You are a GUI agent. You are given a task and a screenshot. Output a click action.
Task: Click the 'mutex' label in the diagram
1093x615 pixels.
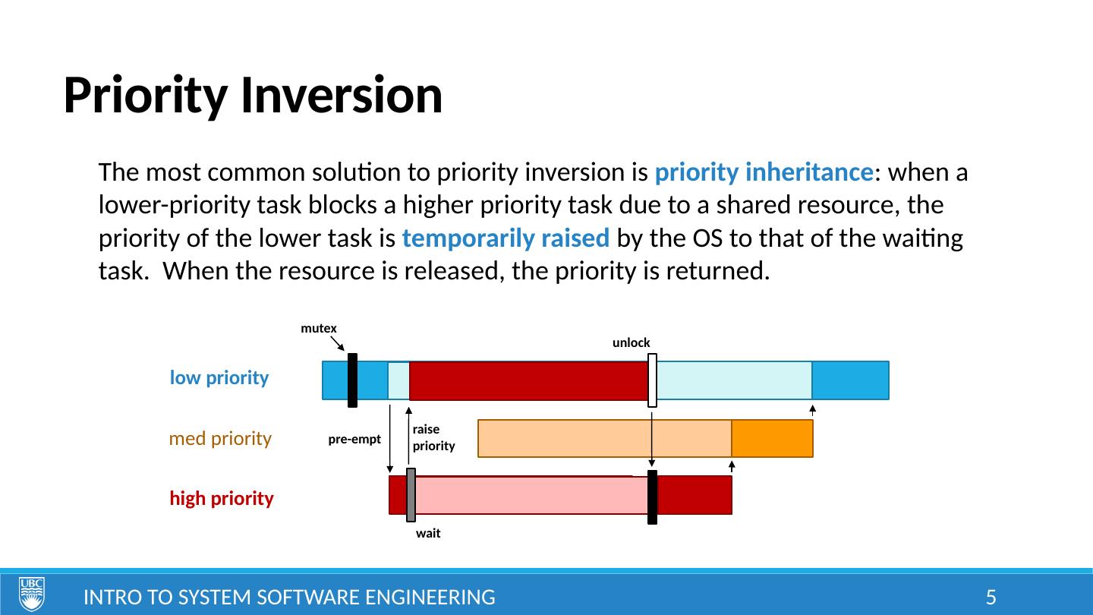pyautogui.click(x=319, y=329)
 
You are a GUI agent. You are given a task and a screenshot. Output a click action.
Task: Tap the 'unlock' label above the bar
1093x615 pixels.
pyautogui.click(x=631, y=342)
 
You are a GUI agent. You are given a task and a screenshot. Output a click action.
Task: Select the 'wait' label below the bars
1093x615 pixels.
pyautogui.click(x=428, y=533)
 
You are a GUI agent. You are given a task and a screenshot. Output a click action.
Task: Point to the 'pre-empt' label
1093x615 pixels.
pyautogui.click(x=354, y=440)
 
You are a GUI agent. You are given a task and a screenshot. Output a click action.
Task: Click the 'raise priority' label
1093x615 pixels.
pyautogui.click(x=434, y=437)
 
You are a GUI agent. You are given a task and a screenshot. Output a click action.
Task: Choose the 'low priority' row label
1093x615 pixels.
pyautogui.click(x=219, y=378)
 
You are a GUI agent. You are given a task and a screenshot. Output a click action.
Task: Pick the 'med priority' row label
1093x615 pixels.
pyautogui.click(x=220, y=438)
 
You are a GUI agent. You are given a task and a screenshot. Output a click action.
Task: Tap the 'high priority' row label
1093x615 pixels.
pyautogui.click(x=222, y=498)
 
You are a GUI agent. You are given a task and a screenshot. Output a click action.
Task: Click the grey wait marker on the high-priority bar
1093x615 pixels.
pyautogui.click(x=411, y=495)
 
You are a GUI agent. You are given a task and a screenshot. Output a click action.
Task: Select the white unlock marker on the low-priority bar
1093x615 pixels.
pyautogui.click(x=653, y=380)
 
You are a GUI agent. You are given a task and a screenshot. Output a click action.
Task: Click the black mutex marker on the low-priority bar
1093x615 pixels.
pyautogui.click(x=352, y=380)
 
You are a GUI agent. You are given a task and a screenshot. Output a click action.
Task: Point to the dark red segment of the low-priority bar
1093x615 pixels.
pyautogui.click(x=528, y=380)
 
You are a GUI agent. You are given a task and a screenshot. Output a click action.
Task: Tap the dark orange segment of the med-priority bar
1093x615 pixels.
pyautogui.click(x=772, y=438)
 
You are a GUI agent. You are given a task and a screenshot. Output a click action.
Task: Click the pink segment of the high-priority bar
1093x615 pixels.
pyautogui.click(x=531, y=495)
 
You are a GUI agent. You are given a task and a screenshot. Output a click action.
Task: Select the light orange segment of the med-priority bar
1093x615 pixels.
pyautogui.click(x=604, y=438)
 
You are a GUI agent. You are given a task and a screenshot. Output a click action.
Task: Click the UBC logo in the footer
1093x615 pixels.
pyautogui.click(x=32, y=594)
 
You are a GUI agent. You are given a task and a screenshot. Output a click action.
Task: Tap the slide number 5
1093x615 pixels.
pyautogui.click(x=991, y=598)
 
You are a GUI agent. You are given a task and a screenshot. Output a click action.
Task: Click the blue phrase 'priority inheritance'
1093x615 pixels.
pyautogui.click(x=764, y=173)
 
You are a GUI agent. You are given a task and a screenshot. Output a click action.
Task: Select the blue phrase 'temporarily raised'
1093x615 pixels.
pyautogui.click(x=506, y=238)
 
